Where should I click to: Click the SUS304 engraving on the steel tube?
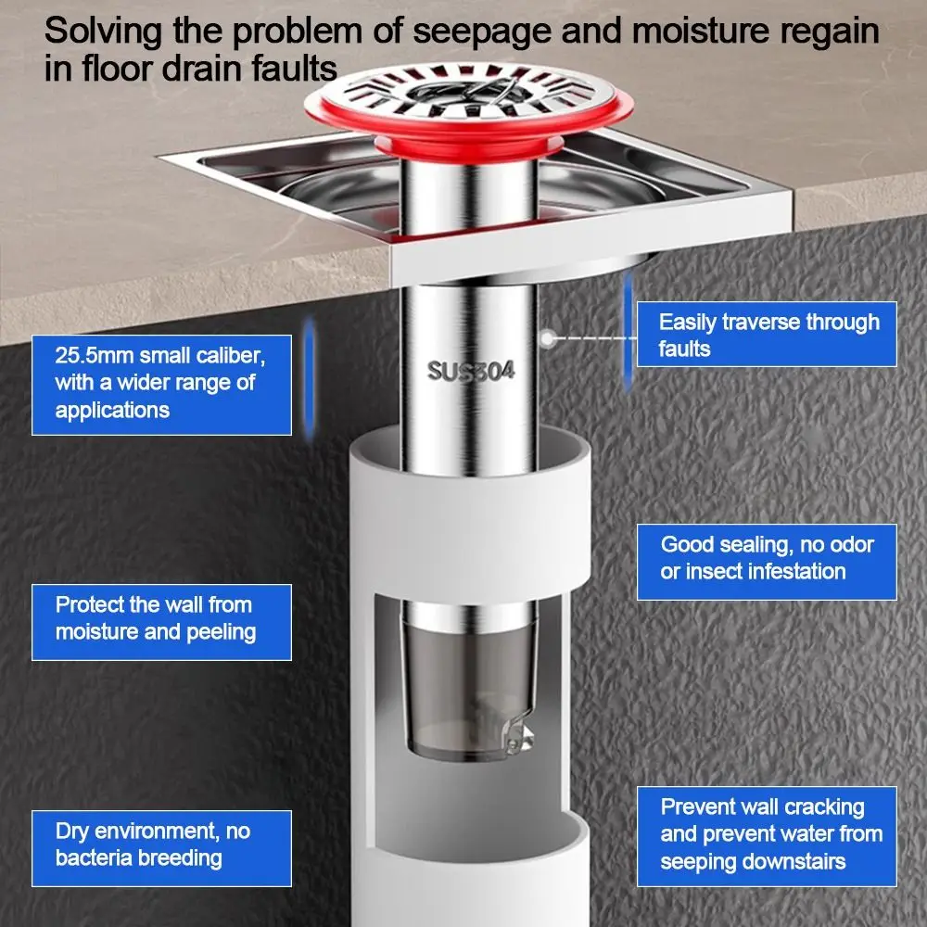471,372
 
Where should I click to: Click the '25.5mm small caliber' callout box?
162,382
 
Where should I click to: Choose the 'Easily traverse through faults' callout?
767,335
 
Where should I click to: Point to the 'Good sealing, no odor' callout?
767,557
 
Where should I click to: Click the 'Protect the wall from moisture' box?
162,619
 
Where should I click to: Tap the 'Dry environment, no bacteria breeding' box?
162,844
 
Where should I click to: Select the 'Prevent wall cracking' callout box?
767,834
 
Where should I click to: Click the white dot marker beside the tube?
549,338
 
